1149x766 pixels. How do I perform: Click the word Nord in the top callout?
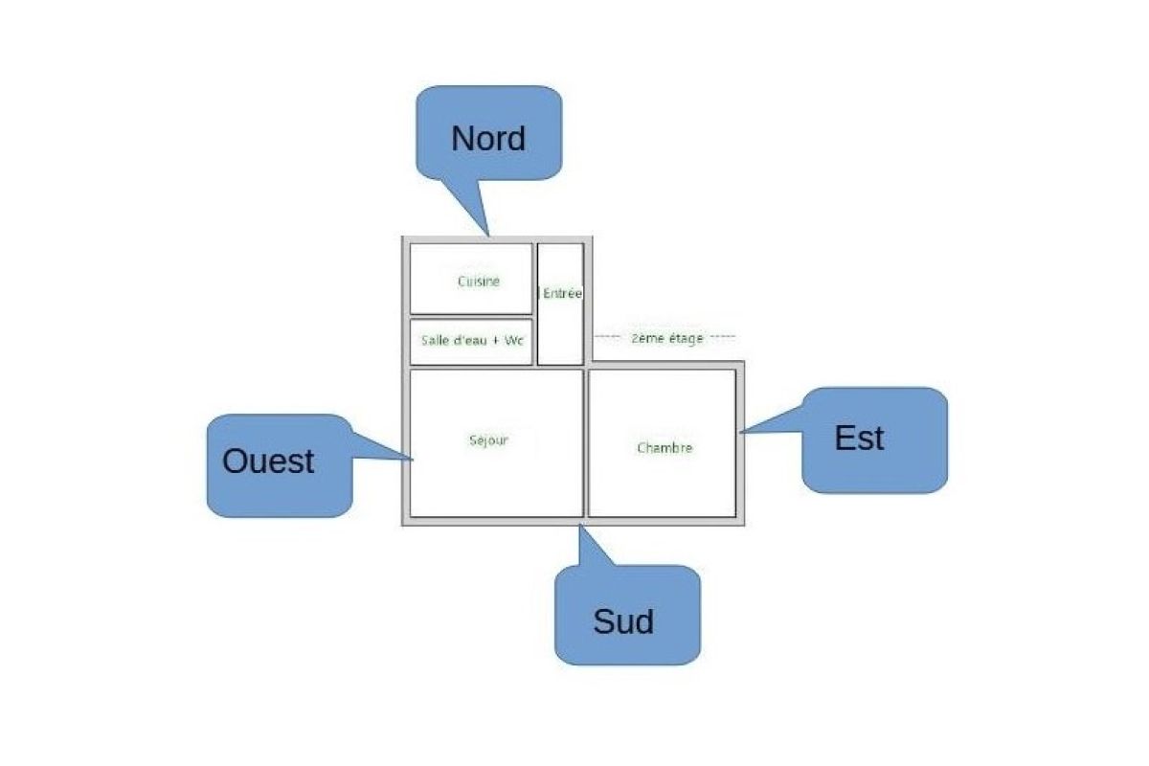tap(488, 139)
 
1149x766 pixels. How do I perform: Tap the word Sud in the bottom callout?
tap(623, 621)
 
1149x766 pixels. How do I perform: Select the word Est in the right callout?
tap(859, 439)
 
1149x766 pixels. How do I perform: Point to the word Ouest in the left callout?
tap(268, 462)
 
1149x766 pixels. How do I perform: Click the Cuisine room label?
tap(478, 282)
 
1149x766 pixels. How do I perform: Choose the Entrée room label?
tap(562, 294)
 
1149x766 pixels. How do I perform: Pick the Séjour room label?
tap(488, 440)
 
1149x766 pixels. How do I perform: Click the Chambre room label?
tap(664, 447)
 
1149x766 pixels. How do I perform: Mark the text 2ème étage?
tap(666, 339)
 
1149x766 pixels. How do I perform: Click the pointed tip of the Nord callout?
tap(488, 234)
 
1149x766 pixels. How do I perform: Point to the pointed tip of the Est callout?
tap(740, 433)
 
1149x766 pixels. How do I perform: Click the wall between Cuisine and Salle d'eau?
tap(471, 316)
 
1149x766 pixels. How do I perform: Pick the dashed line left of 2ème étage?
tap(607, 338)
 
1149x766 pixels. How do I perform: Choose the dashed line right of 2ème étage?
tap(723, 338)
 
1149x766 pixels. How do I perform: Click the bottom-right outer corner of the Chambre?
tap(743, 524)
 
